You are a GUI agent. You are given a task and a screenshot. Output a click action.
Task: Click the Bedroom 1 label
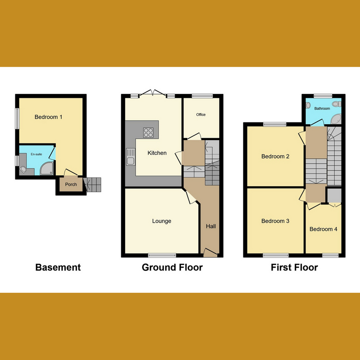click(49, 117)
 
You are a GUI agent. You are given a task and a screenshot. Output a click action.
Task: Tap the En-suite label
click(36, 154)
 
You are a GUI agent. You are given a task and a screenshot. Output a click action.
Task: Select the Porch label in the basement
click(71, 184)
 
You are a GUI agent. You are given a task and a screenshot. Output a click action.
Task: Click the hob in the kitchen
click(148, 132)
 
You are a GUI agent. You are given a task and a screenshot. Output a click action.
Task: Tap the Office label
click(201, 115)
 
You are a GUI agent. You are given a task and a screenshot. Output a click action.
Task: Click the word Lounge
click(162, 221)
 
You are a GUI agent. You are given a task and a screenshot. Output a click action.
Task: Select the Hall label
click(211, 226)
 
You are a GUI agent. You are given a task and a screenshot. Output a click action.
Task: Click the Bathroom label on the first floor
click(322, 108)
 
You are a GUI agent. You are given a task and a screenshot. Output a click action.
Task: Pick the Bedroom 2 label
click(275, 157)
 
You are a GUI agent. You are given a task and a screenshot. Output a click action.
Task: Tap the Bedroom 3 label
click(275, 221)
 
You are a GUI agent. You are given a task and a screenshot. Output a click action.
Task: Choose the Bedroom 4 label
click(323, 229)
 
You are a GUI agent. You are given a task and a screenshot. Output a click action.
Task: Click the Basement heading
click(58, 267)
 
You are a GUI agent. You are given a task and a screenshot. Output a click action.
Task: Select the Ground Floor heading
click(172, 267)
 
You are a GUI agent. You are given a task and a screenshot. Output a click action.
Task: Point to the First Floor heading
click(294, 267)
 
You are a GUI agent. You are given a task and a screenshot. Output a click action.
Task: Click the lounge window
click(162, 255)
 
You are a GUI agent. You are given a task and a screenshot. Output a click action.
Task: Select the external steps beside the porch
click(94, 184)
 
